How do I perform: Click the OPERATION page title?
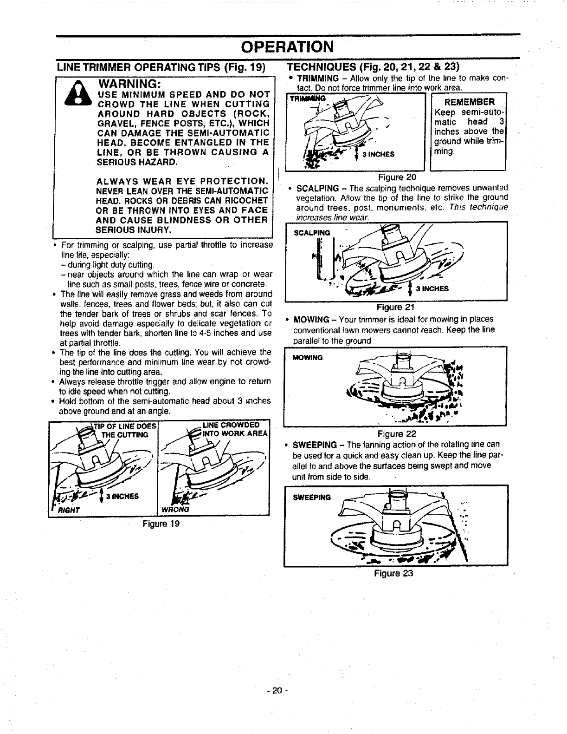point(287,47)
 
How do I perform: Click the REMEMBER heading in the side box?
point(469,102)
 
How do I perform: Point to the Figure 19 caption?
point(161,524)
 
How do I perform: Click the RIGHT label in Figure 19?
point(68,509)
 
